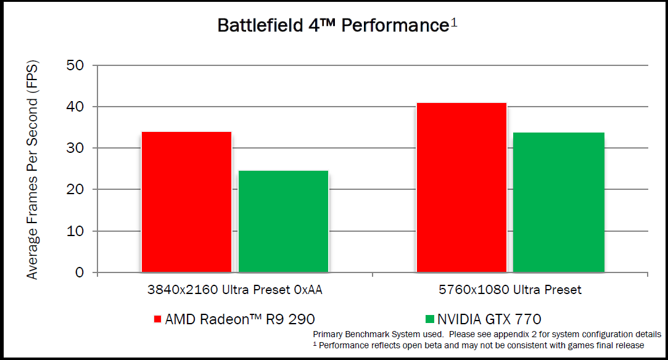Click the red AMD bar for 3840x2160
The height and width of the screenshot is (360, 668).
click(186, 202)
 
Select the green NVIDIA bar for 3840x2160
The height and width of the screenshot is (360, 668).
click(283, 221)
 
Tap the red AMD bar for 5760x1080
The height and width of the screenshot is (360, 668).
click(461, 187)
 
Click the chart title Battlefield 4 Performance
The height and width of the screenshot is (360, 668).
click(332, 25)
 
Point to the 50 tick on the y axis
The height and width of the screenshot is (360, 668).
click(79, 65)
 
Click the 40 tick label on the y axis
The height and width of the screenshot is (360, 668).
click(79, 107)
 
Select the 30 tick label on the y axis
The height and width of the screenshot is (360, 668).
click(79, 148)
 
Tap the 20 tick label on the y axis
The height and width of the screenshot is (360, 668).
click(79, 189)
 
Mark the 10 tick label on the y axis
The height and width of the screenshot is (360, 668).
click(79, 231)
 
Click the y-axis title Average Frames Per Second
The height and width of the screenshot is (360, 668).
click(33, 170)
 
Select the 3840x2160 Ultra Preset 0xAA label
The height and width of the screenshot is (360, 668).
click(234, 290)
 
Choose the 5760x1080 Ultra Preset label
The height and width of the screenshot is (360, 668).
click(510, 290)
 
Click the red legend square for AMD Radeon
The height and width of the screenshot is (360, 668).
click(157, 319)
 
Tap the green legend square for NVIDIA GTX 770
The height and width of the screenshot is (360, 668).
click(430, 319)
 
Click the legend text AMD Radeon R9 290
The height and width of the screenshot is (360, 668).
click(240, 319)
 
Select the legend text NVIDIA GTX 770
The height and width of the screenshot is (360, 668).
click(489, 319)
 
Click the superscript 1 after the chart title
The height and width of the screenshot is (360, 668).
click(453, 22)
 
